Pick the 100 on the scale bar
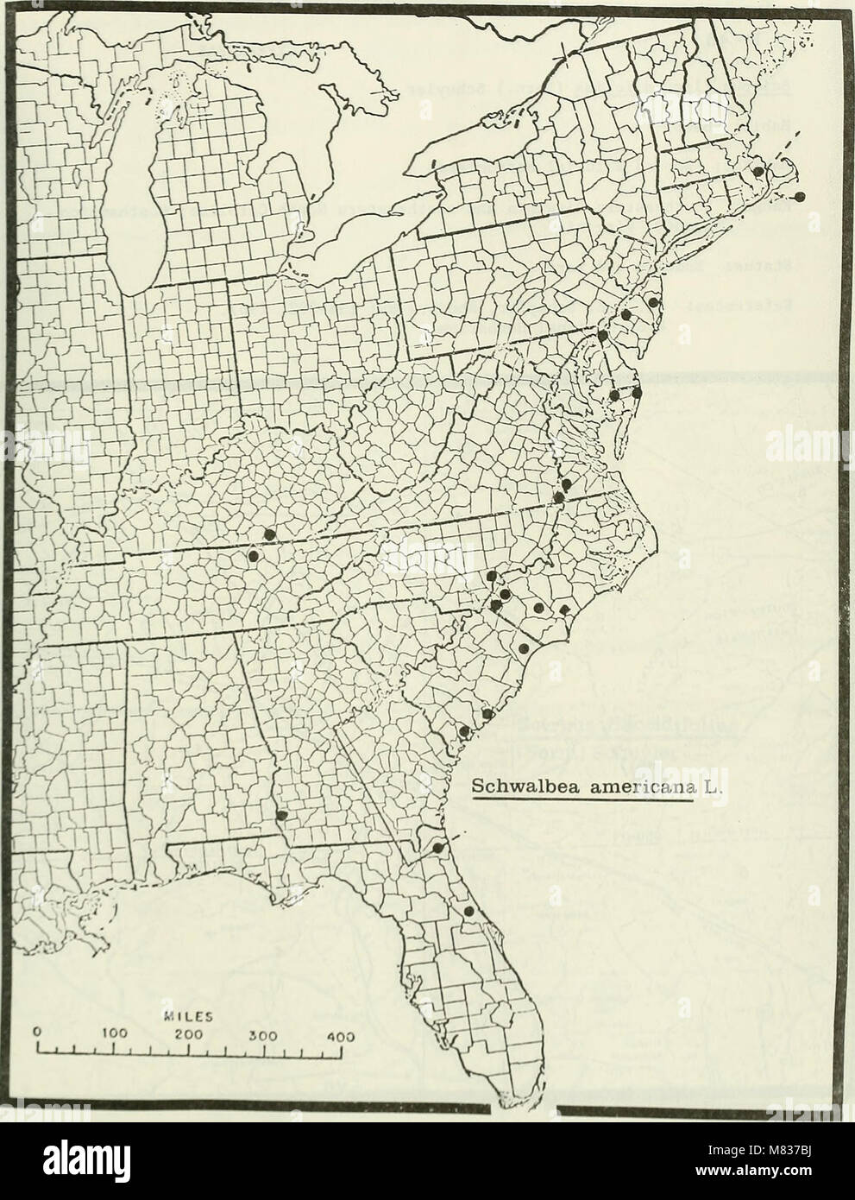[114, 1032]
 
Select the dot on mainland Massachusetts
[758, 172]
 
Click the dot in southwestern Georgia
[280, 815]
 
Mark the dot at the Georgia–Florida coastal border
[437, 849]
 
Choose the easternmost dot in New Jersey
[654, 303]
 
